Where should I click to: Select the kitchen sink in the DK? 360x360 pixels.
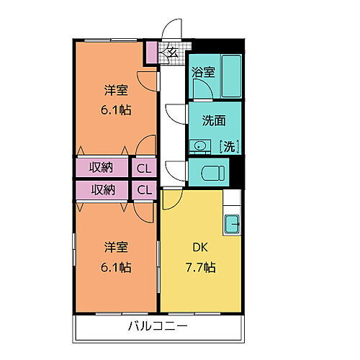pyautogui.click(x=232, y=224)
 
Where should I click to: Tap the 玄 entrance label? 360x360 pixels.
pyautogui.click(x=173, y=51)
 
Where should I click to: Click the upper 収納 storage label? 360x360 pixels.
pyautogui.click(x=101, y=168)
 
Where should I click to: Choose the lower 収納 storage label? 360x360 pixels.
pyautogui.click(x=101, y=190)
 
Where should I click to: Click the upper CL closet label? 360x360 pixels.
pyautogui.click(x=144, y=168)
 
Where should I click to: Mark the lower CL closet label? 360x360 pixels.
pyautogui.click(x=144, y=190)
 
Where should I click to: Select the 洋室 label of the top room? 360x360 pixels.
pyautogui.click(x=116, y=91)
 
